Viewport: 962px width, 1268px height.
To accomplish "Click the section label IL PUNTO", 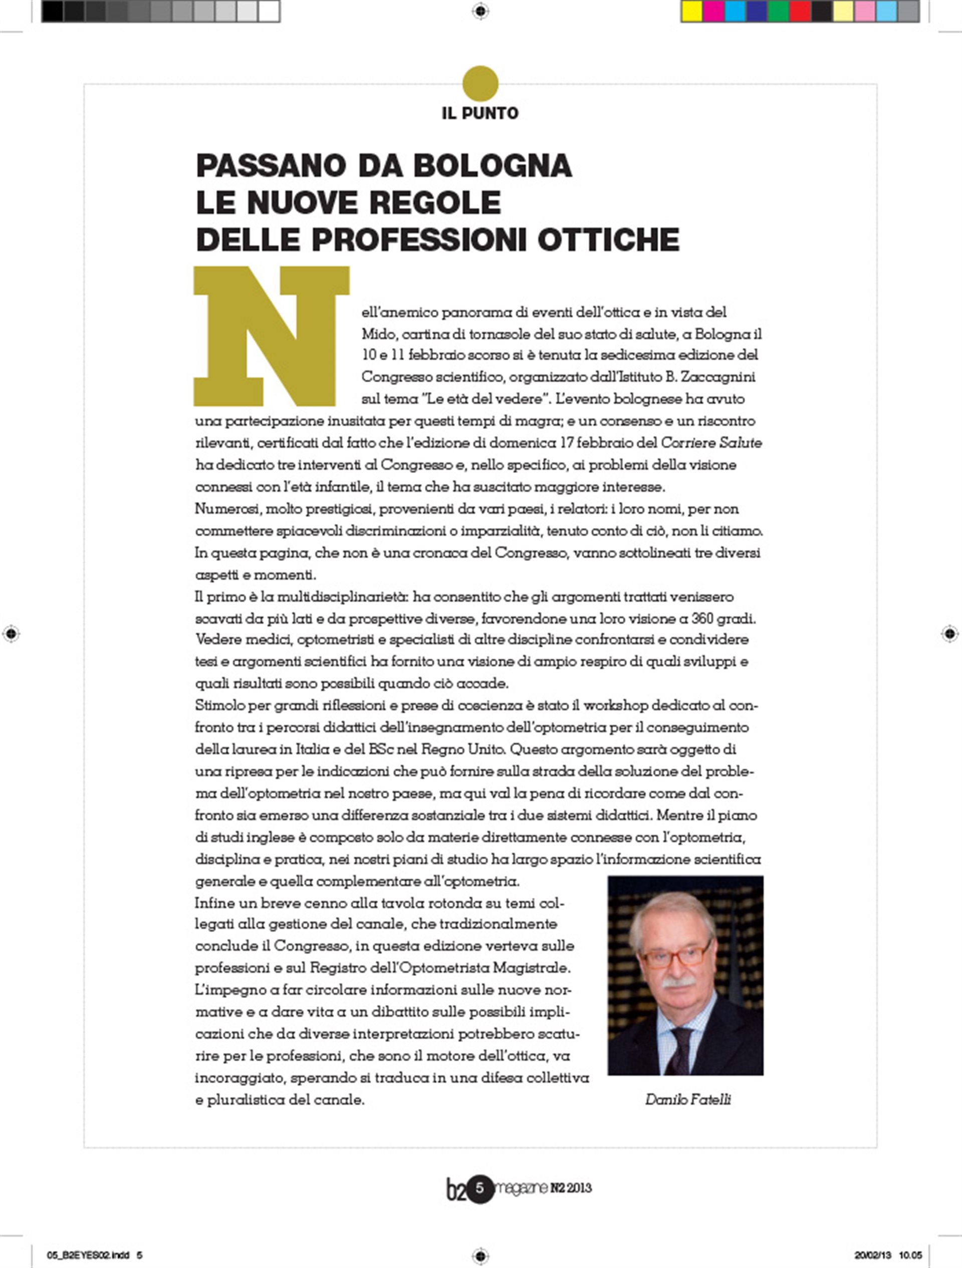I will click(480, 114).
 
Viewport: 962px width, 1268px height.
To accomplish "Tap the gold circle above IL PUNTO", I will click(480, 84).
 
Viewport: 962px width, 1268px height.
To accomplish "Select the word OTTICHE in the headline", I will click(608, 239).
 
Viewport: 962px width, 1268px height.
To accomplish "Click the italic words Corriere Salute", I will click(711, 443).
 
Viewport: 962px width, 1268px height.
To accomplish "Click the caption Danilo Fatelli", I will click(687, 1100).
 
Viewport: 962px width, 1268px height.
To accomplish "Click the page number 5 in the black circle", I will click(480, 1188).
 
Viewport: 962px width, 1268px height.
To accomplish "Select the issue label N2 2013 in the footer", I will click(570, 1188).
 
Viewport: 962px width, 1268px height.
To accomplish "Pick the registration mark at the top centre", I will click(480, 11).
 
